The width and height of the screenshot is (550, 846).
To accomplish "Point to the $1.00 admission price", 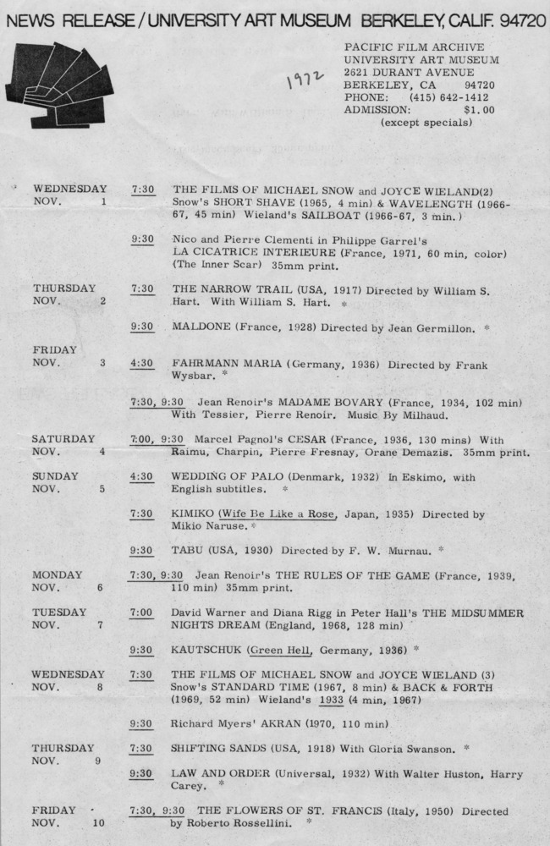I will (479, 109).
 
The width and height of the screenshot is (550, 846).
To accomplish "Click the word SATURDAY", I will (63, 439).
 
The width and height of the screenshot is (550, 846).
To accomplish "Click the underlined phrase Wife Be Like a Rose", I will (274, 514).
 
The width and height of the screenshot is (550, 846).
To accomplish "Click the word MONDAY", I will (56, 574).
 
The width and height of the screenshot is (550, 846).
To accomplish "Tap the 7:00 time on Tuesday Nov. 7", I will (142, 612).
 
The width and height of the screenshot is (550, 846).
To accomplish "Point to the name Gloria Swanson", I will (401, 748).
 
